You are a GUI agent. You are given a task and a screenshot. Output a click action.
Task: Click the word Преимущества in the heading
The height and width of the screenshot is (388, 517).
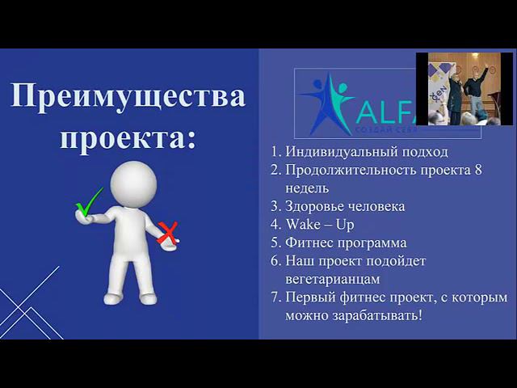pos(128,96)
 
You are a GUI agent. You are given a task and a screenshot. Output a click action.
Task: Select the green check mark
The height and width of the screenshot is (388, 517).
pos(88,203)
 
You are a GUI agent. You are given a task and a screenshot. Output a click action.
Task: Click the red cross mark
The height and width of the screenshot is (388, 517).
pos(167,234)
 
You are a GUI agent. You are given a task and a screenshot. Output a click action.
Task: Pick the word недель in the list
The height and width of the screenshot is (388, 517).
pos(306,188)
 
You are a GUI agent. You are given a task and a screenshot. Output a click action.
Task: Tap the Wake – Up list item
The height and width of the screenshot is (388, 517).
pos(319,224)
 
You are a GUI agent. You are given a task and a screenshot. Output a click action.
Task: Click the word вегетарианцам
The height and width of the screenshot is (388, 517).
pos(334,279)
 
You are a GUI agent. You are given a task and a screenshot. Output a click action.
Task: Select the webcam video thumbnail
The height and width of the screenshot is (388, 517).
pos(463,89)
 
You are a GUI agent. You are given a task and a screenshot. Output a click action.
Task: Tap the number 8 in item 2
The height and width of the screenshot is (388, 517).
pos(498,170)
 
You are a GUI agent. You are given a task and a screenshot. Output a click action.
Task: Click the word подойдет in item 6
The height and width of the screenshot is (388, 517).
pos(397,261)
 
